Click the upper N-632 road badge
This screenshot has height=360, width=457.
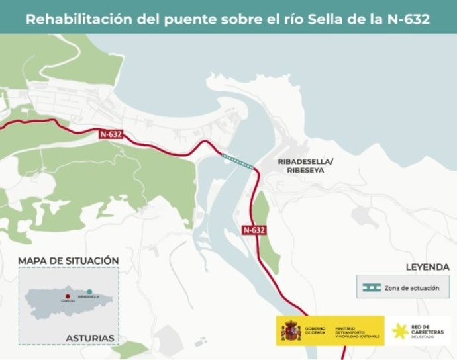click(x=111, y=134)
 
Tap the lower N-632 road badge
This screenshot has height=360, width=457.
click(x=254, y=230)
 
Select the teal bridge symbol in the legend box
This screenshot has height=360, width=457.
click(x=371, y=288)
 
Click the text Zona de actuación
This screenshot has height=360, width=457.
click(x=411, y=288)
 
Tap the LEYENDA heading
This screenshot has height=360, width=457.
click(x=427, y=267)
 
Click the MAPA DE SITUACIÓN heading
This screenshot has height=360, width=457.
click(x=68, y=261)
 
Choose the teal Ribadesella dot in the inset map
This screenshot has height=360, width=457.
click(x=89, y=292)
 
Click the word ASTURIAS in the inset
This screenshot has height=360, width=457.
click(x=90, y=338)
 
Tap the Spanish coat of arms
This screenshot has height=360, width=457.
click(x=291, y=331)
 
